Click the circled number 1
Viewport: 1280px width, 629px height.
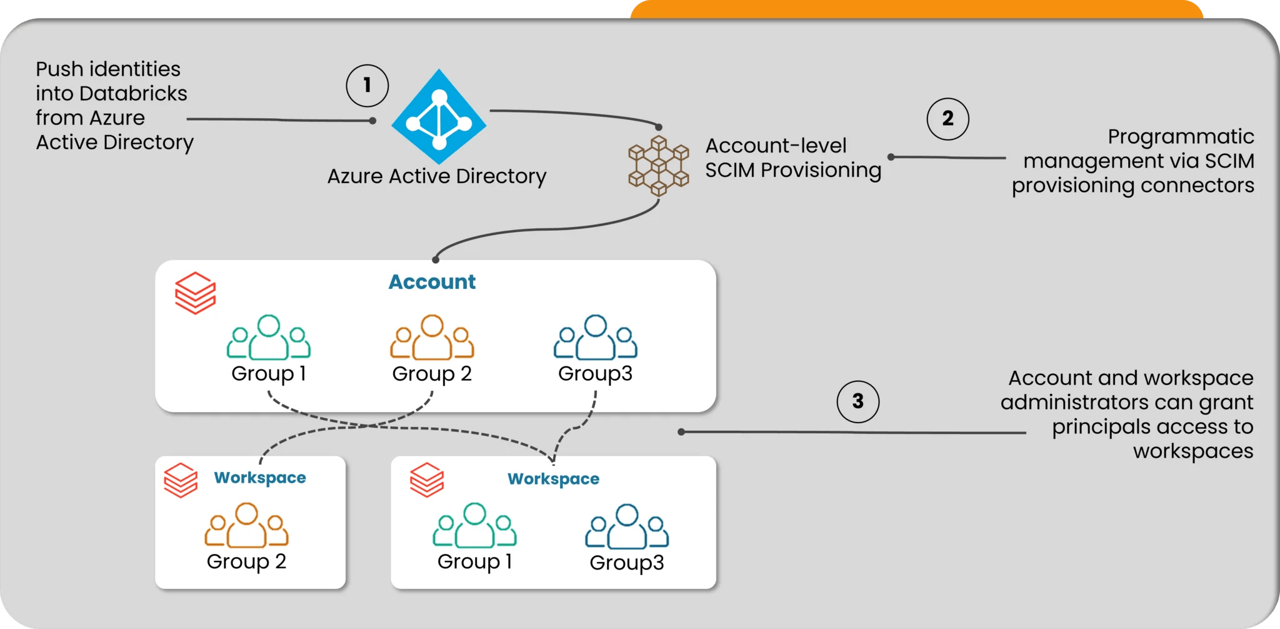(x=367, y=86)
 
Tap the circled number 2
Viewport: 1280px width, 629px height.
(x=947, y=119)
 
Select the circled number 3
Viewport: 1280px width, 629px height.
(x=857, y=401)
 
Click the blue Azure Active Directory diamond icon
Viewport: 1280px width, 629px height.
(x=439, y=117)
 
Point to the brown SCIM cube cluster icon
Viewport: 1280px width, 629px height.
(x=658, y=166)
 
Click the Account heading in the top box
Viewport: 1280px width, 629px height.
(x=432, y=282)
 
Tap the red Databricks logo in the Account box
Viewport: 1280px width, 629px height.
(x=195, y=293)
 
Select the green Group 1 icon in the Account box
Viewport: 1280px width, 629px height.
(x=269, y=338)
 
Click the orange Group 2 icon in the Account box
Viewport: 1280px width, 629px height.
(x=432, y=338)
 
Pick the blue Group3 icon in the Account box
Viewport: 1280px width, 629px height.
(x=595, y=338)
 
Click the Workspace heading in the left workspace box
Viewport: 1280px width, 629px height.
(x=260, y=478)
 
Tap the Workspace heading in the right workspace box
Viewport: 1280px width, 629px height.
(x=553, y=479)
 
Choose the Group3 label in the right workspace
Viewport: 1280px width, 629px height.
(x=627, y=563)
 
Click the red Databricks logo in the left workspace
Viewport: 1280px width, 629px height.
(x=181, y=480)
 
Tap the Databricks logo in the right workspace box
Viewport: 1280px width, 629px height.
(x=427, y=480)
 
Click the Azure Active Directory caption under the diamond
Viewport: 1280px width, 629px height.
(x=437, y=176)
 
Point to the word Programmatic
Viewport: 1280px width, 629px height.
(x=1181, y=137)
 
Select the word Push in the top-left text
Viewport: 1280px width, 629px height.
(x=59, y=69)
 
